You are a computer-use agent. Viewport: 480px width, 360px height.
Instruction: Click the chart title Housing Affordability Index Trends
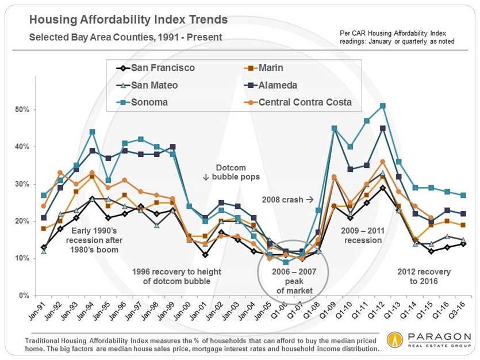(128, 20)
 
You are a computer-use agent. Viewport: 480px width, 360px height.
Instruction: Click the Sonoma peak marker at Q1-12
(382, 106)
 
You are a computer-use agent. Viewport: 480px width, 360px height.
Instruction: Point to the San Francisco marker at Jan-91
(44, 247)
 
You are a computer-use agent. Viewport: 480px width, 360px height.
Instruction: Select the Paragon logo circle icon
(395, 339)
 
